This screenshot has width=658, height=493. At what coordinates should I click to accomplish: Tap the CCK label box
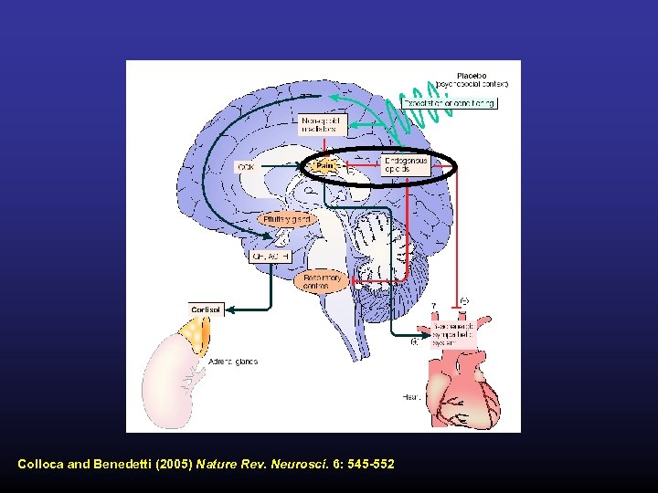coord(246,167)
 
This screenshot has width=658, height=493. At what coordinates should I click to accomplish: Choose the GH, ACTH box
coord(271,257)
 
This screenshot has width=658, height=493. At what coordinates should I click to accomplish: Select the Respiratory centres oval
coord(322,281)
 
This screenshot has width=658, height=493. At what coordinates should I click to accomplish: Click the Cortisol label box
coord(206,309)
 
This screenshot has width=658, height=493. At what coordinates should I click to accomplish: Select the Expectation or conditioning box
coord(464,103)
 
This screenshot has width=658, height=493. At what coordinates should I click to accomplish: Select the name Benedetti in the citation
coord(122,465)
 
